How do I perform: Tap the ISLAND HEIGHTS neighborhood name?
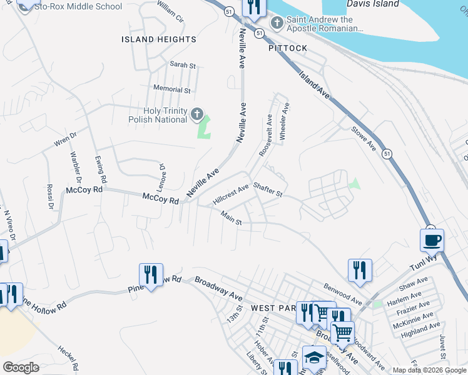coord(158,39)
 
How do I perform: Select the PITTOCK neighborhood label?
coord(288,48)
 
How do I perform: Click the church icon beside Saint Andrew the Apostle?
coord(276,24)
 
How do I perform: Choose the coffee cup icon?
coord(432,240)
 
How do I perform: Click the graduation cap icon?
coord(314,357)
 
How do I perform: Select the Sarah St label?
coord(183,65)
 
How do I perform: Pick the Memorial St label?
coord(171,90)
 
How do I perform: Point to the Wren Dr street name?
coord(64,139)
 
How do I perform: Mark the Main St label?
coord(231,218)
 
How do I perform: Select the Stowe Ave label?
coord(363,138)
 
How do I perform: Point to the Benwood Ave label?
coord(342,294)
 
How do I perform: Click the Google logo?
coord(21,367)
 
